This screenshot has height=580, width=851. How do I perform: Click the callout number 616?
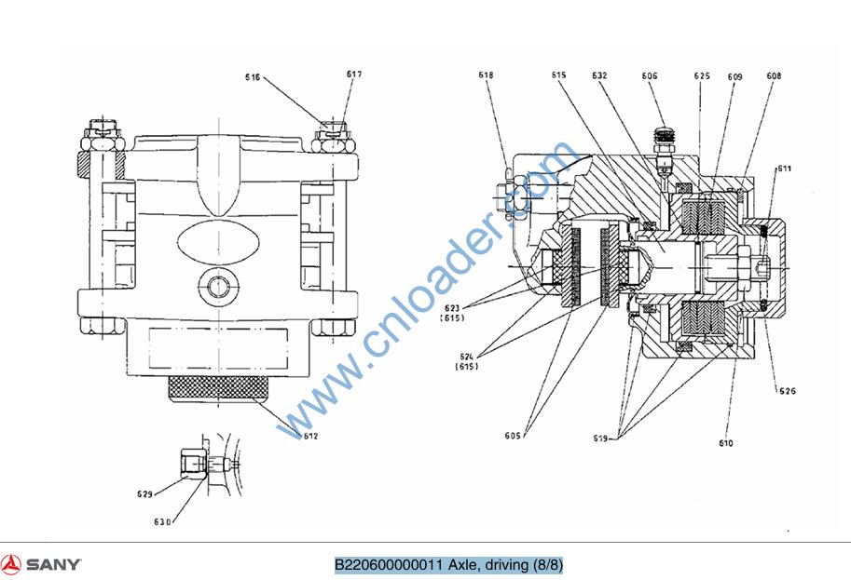point(253,77)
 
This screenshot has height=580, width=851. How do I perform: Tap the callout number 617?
point(353,74)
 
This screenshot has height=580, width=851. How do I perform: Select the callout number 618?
point(485,74)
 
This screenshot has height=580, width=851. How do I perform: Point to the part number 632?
point(599,74)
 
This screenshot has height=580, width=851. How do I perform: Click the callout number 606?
point(649,75)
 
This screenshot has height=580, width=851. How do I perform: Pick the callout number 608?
point(774,75)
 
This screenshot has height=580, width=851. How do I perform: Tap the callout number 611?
point(784,169)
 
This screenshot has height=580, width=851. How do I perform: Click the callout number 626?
point(788,391)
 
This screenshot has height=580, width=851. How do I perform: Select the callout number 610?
point(725,443)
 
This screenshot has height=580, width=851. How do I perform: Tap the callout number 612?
point(310,435)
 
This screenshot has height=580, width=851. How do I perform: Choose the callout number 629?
point(144,494)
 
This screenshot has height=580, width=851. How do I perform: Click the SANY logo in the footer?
point(41,564)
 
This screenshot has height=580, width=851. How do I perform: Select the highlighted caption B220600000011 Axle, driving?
point(448,565)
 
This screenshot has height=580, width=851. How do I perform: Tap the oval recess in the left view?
point(215,245)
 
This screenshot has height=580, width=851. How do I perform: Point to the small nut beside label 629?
point(191,462)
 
